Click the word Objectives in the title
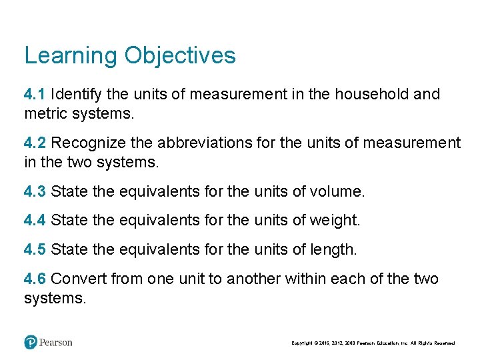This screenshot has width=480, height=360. click(180, 55)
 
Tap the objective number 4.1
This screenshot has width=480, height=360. click(35, 94)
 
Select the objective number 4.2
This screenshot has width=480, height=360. click(35, 143)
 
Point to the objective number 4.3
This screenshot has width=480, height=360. click(35, 192)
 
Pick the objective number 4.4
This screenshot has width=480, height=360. click(35, 219)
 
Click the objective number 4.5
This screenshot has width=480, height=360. click(35, 249)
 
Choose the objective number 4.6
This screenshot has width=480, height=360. click(35, 278)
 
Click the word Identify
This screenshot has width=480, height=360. click(75, 94)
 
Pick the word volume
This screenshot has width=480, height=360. click(337, 192)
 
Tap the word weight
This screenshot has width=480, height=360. click(335, 219)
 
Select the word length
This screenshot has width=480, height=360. click(334, 249)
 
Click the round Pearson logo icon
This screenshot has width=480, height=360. click(30, 342)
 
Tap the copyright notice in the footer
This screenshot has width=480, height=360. click(373, 343)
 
